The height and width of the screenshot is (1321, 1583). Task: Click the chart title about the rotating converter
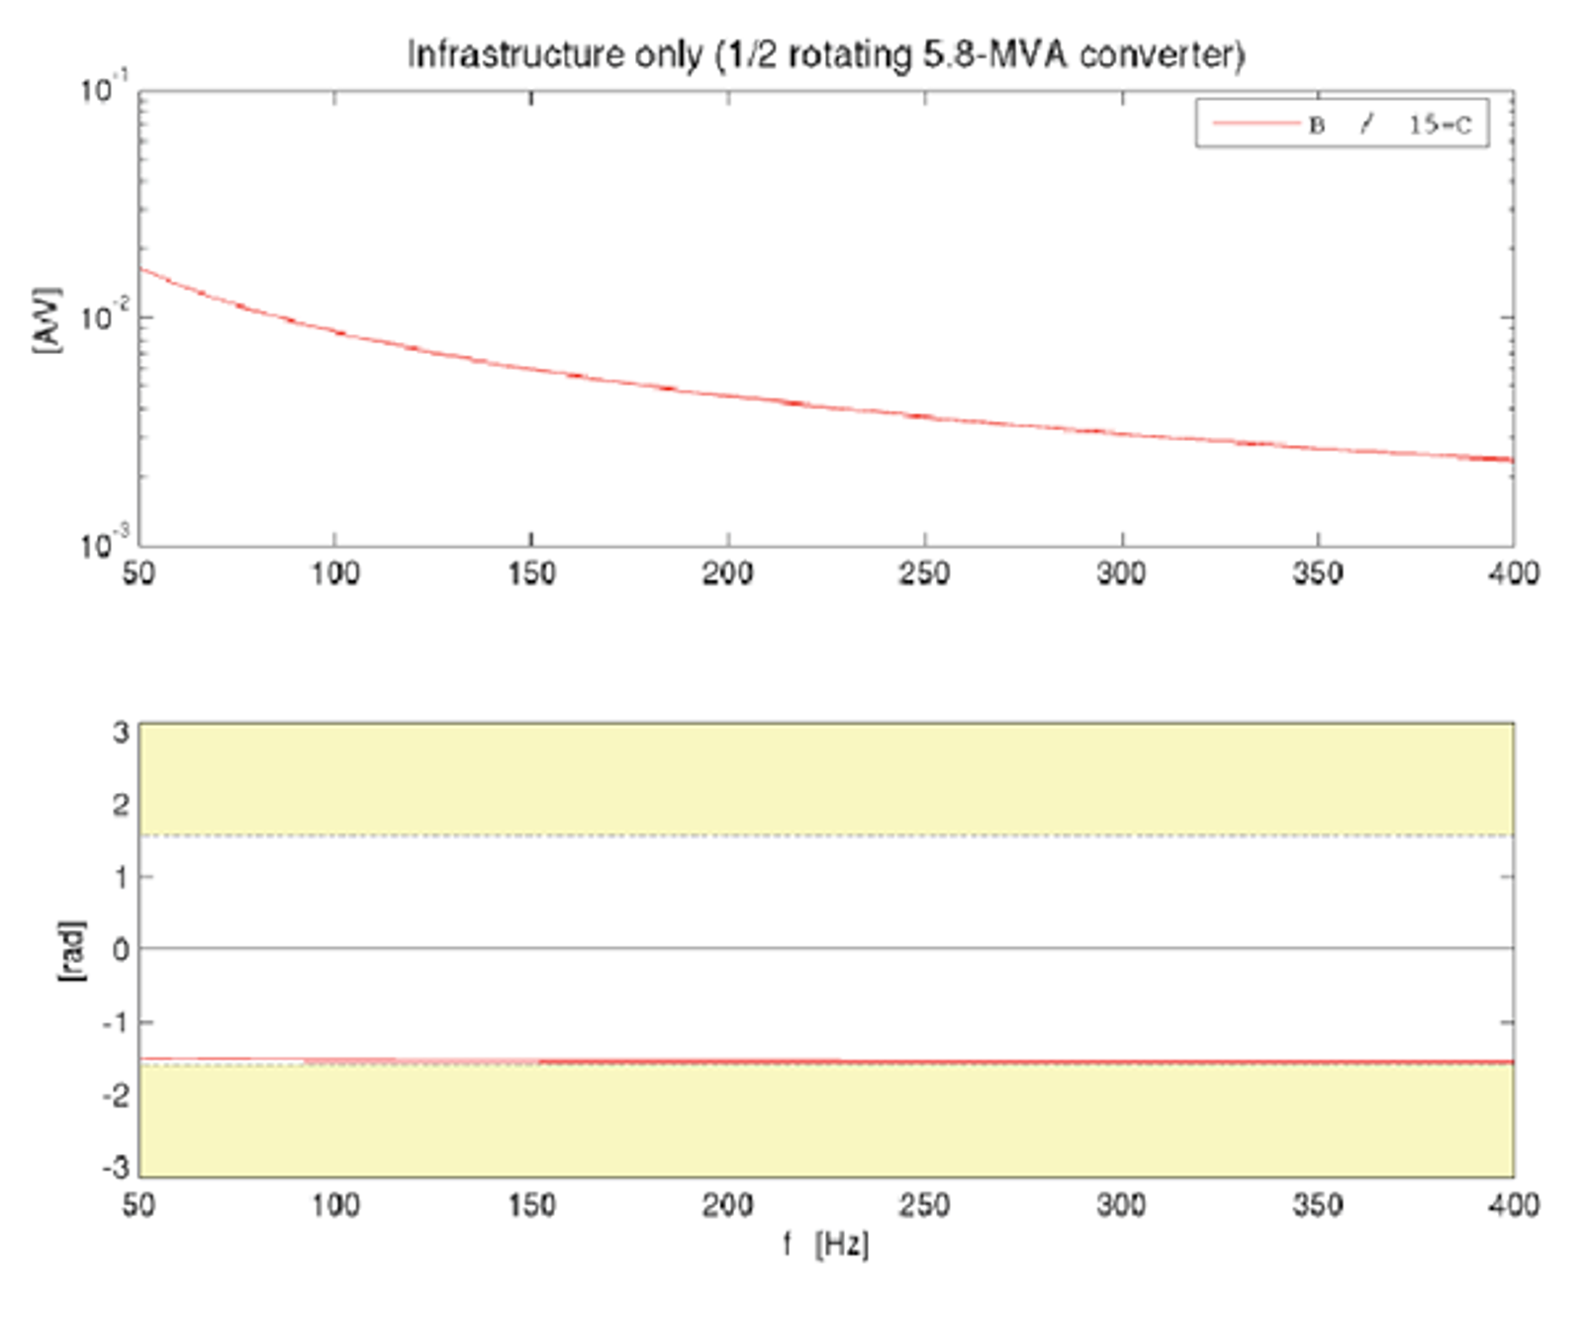click(826, 53)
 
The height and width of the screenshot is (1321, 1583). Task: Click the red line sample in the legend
click(1255, 124)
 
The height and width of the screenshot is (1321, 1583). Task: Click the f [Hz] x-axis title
click(826, 1244)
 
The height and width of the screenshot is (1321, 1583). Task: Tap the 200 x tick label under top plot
click(727, 573)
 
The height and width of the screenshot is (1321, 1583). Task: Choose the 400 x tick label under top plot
click(1513, 573)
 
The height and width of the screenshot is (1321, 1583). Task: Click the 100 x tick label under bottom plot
click(334, 1205)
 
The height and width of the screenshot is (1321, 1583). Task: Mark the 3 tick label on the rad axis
click(121, 733)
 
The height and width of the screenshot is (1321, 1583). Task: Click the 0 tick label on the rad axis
click(121, 950)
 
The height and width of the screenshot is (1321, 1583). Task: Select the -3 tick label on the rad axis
click(116, 1168)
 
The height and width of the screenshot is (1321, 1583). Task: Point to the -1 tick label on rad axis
click(116, 1022)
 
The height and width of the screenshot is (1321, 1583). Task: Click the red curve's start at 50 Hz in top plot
click(141, 269)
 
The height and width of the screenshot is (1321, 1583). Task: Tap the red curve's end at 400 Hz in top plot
click(1511, 460)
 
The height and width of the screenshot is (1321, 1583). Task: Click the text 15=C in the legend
click(1440, 125)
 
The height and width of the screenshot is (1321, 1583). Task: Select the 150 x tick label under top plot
click(531, 573)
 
